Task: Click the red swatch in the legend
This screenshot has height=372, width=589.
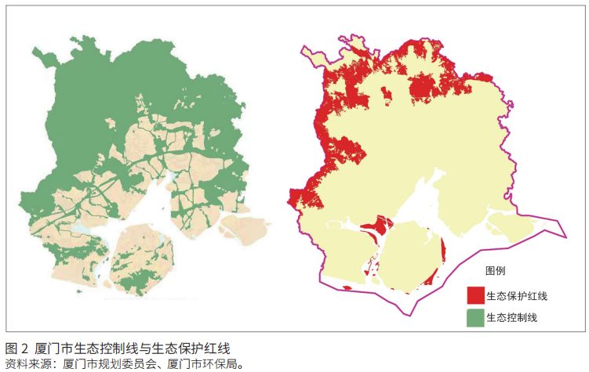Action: click(x=475, y=295)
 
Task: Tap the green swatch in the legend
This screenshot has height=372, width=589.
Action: click(x=475, y=317)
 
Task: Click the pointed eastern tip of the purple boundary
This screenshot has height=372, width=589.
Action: click(x=565, y=233)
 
